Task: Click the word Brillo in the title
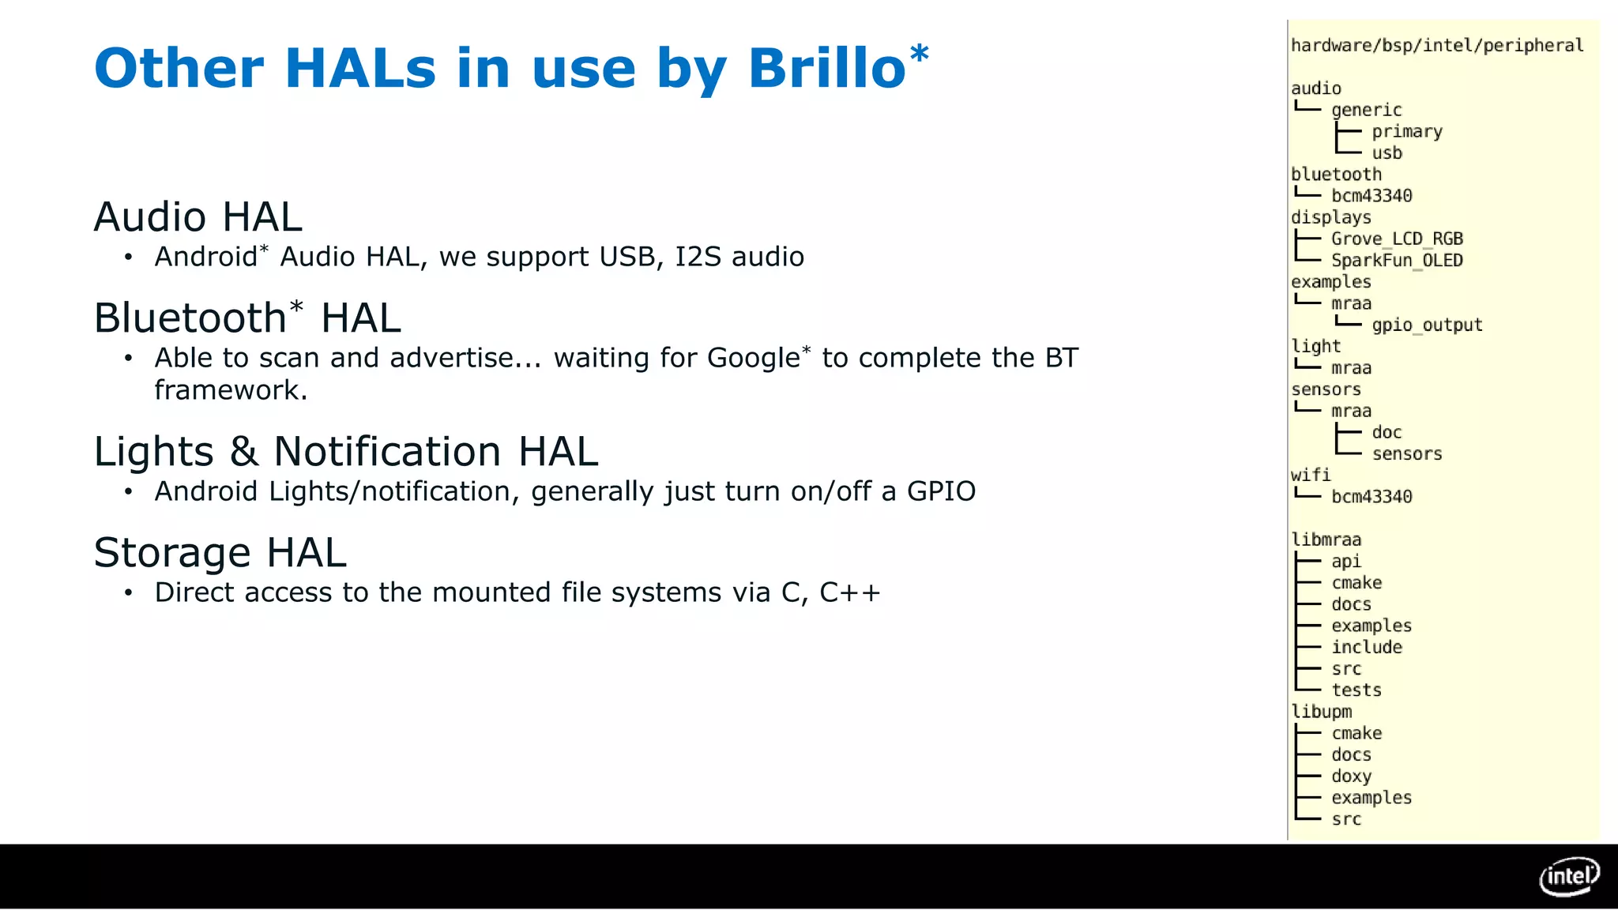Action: [x=826, y=69]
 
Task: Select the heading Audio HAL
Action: [x=198, y=217]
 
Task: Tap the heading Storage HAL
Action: [x=220, y=553]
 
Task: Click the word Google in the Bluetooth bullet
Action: [x=753, y=359]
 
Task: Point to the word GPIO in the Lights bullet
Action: [x=941, y=492]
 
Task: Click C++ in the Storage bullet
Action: [x=849, y=592]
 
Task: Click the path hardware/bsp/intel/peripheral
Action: [x=1436, y=46]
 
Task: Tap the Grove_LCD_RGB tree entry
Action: [x=1397, y=239]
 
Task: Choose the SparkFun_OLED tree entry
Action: [x=1397, y=261]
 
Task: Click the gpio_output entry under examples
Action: [x=1427, y=325]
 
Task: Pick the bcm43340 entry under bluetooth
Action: [x=1372, y=196]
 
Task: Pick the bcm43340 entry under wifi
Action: [x=1372, y=497]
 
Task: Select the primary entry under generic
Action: [x=1407, y=132]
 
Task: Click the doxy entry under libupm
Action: [x=1351, y=777]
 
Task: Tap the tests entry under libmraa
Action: [x=1356, y=690]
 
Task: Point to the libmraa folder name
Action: [x=1326, y=540]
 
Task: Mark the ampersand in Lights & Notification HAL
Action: [x=244, y=453]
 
